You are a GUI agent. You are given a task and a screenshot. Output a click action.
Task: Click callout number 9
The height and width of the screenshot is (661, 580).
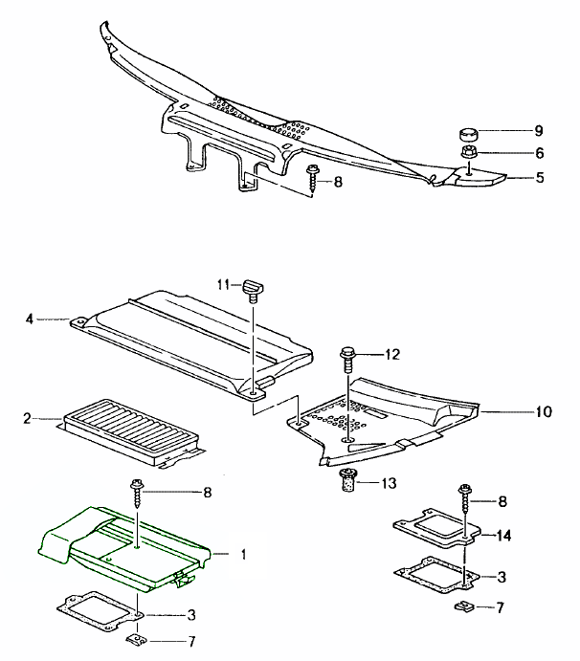tap(539, 130)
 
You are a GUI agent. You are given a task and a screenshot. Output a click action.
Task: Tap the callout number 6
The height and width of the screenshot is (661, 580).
tap(539, 153)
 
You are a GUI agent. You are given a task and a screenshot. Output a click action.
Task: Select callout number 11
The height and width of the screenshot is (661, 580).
tap(223, 284)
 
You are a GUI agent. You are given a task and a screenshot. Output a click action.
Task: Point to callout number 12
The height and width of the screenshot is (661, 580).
tap(391, 355)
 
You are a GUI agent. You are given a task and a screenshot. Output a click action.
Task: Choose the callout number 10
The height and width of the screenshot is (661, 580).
tap(543, 413)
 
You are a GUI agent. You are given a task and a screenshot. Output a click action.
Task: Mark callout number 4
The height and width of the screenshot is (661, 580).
tap(30, 319)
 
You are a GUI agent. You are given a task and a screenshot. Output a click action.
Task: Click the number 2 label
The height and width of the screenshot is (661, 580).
tap(28, 418)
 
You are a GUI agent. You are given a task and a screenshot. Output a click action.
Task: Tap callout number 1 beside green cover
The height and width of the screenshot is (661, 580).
tap(243, 554)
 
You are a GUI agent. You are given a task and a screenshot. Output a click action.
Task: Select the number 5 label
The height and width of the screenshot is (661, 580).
tap(539, 177)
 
